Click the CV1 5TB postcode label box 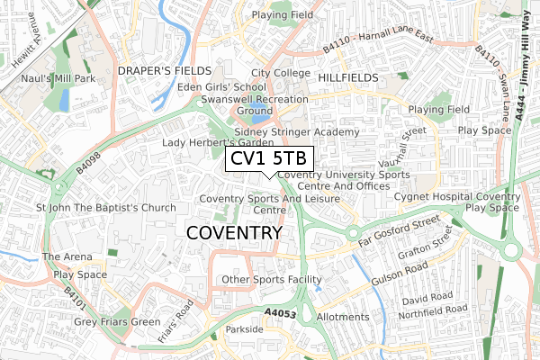(x=268, y=158)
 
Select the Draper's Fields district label (x=163, y=70)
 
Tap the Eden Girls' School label (x=222, y=86)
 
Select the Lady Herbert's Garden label (x=217, y=142)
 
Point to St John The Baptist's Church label (x=105, y=208)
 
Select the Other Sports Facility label (x=271, y=280)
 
